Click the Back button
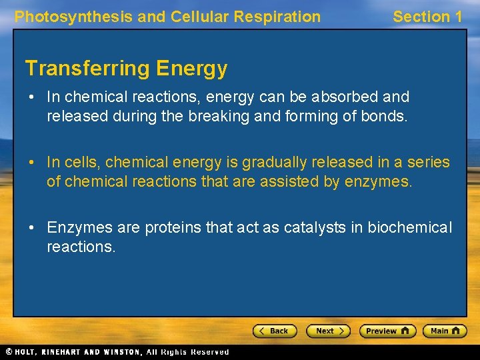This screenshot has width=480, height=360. click(275, 331)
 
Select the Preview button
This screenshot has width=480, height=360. click(387, 331)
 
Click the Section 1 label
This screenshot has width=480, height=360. click(427, 17)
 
